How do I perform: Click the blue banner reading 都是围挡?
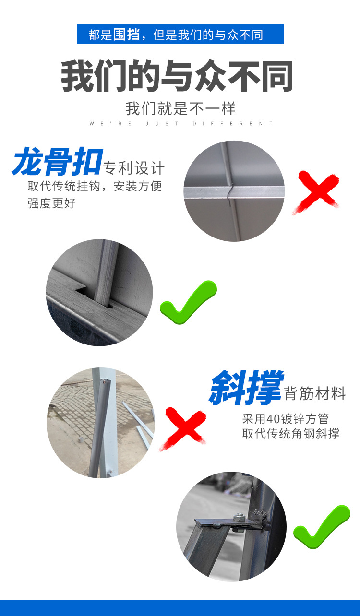click(180, 34)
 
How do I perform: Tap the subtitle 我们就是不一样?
click(180, 108)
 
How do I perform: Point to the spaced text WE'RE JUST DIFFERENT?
click(181, 124)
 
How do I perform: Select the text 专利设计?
click(134, 168)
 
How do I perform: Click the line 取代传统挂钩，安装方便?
click(95, 186)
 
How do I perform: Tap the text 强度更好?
click(51, 203)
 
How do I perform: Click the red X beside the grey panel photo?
click(317, 191)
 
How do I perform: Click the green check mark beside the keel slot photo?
click(189, 301)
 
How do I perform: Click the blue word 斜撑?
click(246, 388)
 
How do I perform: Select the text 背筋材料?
click(315, 394)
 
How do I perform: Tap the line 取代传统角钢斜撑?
click(290, 434)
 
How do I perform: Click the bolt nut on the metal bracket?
click(239, 517)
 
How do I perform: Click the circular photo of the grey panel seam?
click(234, 190)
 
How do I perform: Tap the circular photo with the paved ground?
click(101, 423)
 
